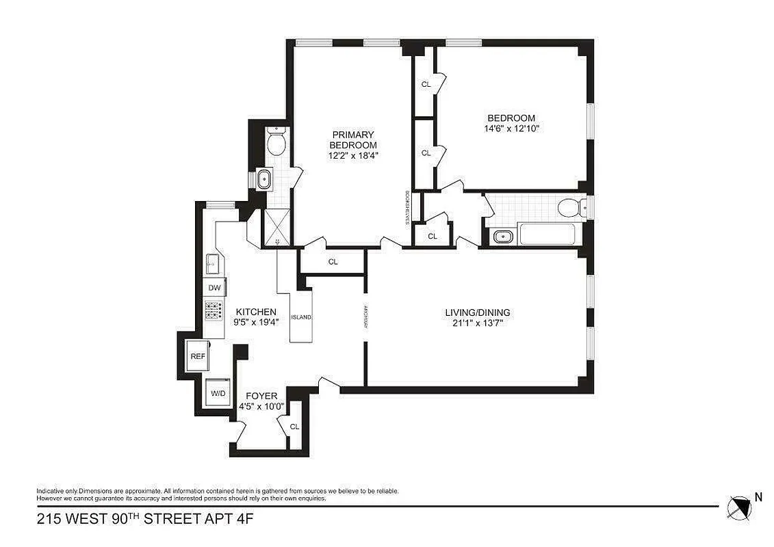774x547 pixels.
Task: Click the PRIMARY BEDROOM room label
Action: tap(353, 140)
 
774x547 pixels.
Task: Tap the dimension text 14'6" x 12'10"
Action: tap(511, 128)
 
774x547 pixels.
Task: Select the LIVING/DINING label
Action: tap(477, 312)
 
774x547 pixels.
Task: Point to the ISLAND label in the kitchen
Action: tap(301, 317)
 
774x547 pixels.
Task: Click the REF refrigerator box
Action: tap(197, 356)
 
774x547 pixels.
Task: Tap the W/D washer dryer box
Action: tap(218, 393)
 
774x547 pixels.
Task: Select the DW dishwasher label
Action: tap(214, 289)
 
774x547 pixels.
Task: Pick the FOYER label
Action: tap(261, 396)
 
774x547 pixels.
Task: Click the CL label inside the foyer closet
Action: tap(295, 427)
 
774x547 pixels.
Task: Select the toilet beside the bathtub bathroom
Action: tap(571, 207)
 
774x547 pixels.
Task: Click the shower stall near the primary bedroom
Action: tap(277, 228)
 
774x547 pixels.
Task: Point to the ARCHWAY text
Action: tap(367, 316)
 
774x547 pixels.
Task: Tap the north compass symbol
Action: tap(738, 505)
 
